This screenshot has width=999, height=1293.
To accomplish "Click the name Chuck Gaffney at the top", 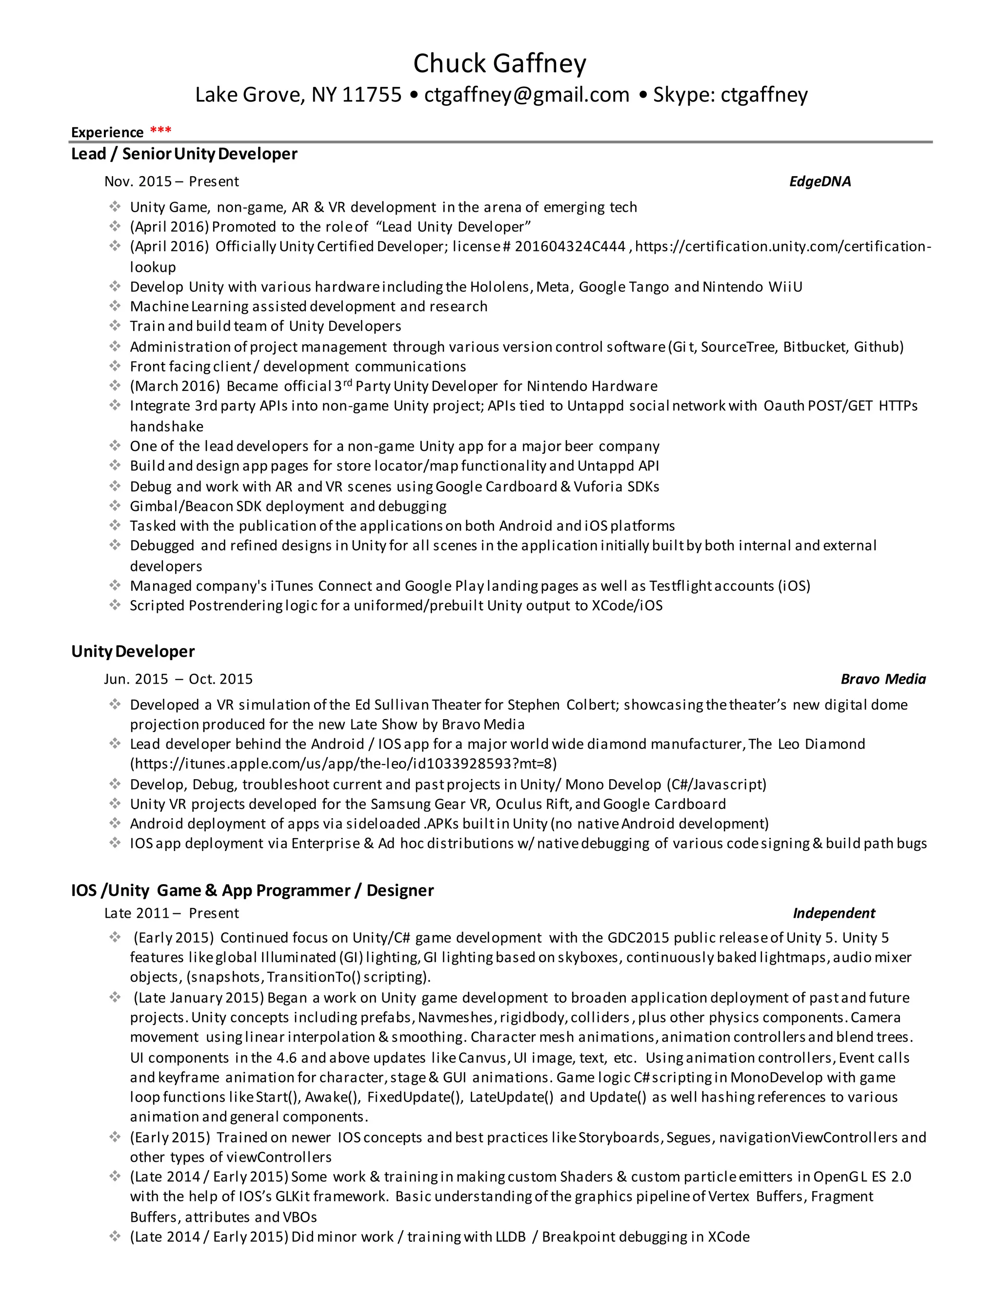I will (499, 63).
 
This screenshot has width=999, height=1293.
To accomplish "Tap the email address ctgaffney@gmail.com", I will (527, 95).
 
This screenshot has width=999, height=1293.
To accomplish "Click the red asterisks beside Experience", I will (160, 130).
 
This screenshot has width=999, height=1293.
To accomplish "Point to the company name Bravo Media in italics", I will (883, 679).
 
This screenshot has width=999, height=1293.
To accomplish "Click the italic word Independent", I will (833, 913).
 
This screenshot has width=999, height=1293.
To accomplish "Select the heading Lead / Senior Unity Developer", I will (184, 154).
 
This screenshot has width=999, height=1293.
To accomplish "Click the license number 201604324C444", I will (570, 246).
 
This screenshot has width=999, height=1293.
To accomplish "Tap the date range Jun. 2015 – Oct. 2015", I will (178, 679).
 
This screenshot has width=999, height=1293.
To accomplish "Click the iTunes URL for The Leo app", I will (343, 763).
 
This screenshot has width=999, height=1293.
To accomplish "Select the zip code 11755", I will (372, 95).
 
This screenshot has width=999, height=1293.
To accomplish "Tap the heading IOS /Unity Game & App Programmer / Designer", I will (252, 890).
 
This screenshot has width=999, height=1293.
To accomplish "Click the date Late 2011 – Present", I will (171, 913).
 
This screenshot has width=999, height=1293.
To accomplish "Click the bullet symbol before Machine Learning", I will (115, 305).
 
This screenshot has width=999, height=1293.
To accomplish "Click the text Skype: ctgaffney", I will (730, 95).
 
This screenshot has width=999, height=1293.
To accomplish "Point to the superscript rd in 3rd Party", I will (347, 383).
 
